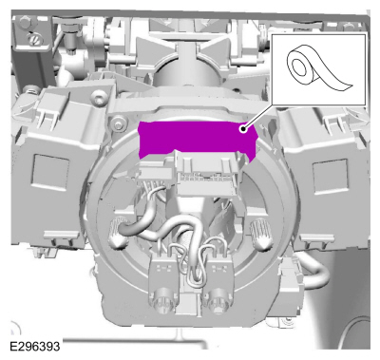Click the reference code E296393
click(34, 347)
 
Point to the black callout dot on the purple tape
click(243, 128)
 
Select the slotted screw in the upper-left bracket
click(33, 39)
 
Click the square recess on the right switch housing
click(331, 176)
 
